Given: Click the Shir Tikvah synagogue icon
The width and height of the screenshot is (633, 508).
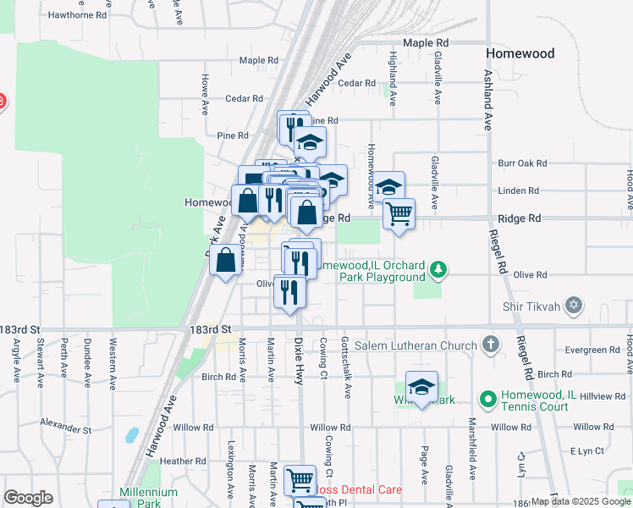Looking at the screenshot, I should coord(574,305).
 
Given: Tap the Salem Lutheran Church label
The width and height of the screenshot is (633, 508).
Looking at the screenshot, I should coord(428,345).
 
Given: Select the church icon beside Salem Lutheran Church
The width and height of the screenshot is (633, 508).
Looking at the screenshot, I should coord(490,345).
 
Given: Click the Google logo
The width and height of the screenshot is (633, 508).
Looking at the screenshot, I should coord(29,498).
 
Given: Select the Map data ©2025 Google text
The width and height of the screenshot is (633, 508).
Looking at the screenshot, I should coord(581,501).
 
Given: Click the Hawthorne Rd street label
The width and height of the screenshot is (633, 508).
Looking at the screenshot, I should coord(78,15).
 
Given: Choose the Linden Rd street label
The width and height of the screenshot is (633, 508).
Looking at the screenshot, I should coord(520,190).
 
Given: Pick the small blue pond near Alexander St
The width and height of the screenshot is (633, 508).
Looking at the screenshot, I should coord(131,436).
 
